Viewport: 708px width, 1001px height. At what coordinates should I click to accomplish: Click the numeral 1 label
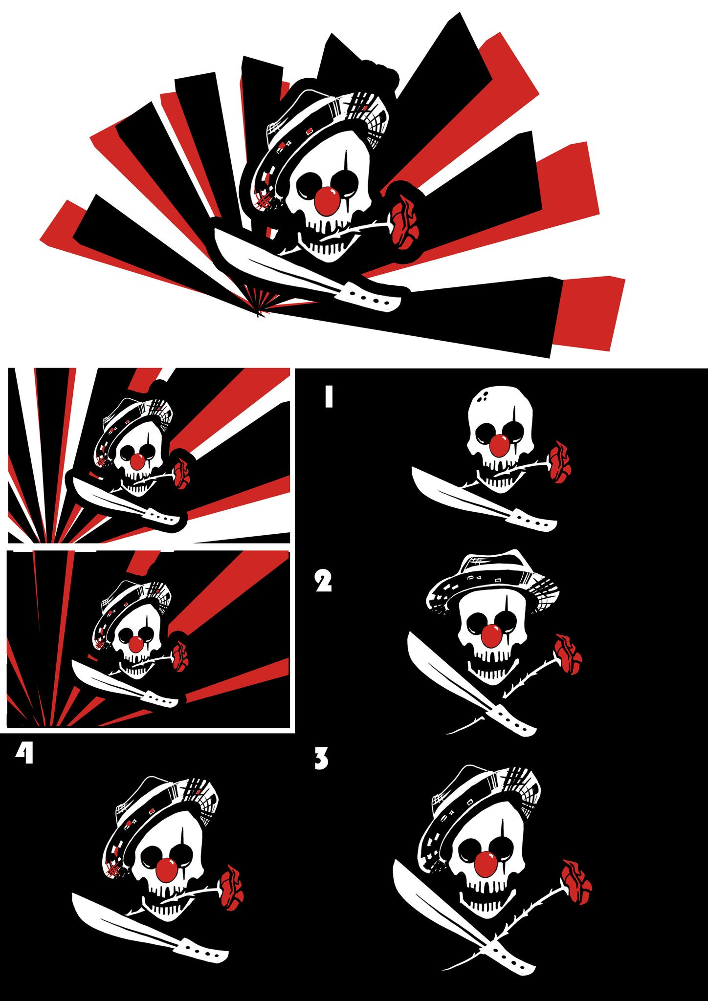click(329, 396)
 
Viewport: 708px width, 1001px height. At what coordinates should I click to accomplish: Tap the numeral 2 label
click(323, 581)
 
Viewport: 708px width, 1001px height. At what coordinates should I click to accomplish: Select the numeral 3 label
click(321, 759)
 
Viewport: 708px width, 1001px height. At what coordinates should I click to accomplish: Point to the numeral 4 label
click(24, 753)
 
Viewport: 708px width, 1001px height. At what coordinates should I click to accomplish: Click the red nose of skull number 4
click(167, 869)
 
